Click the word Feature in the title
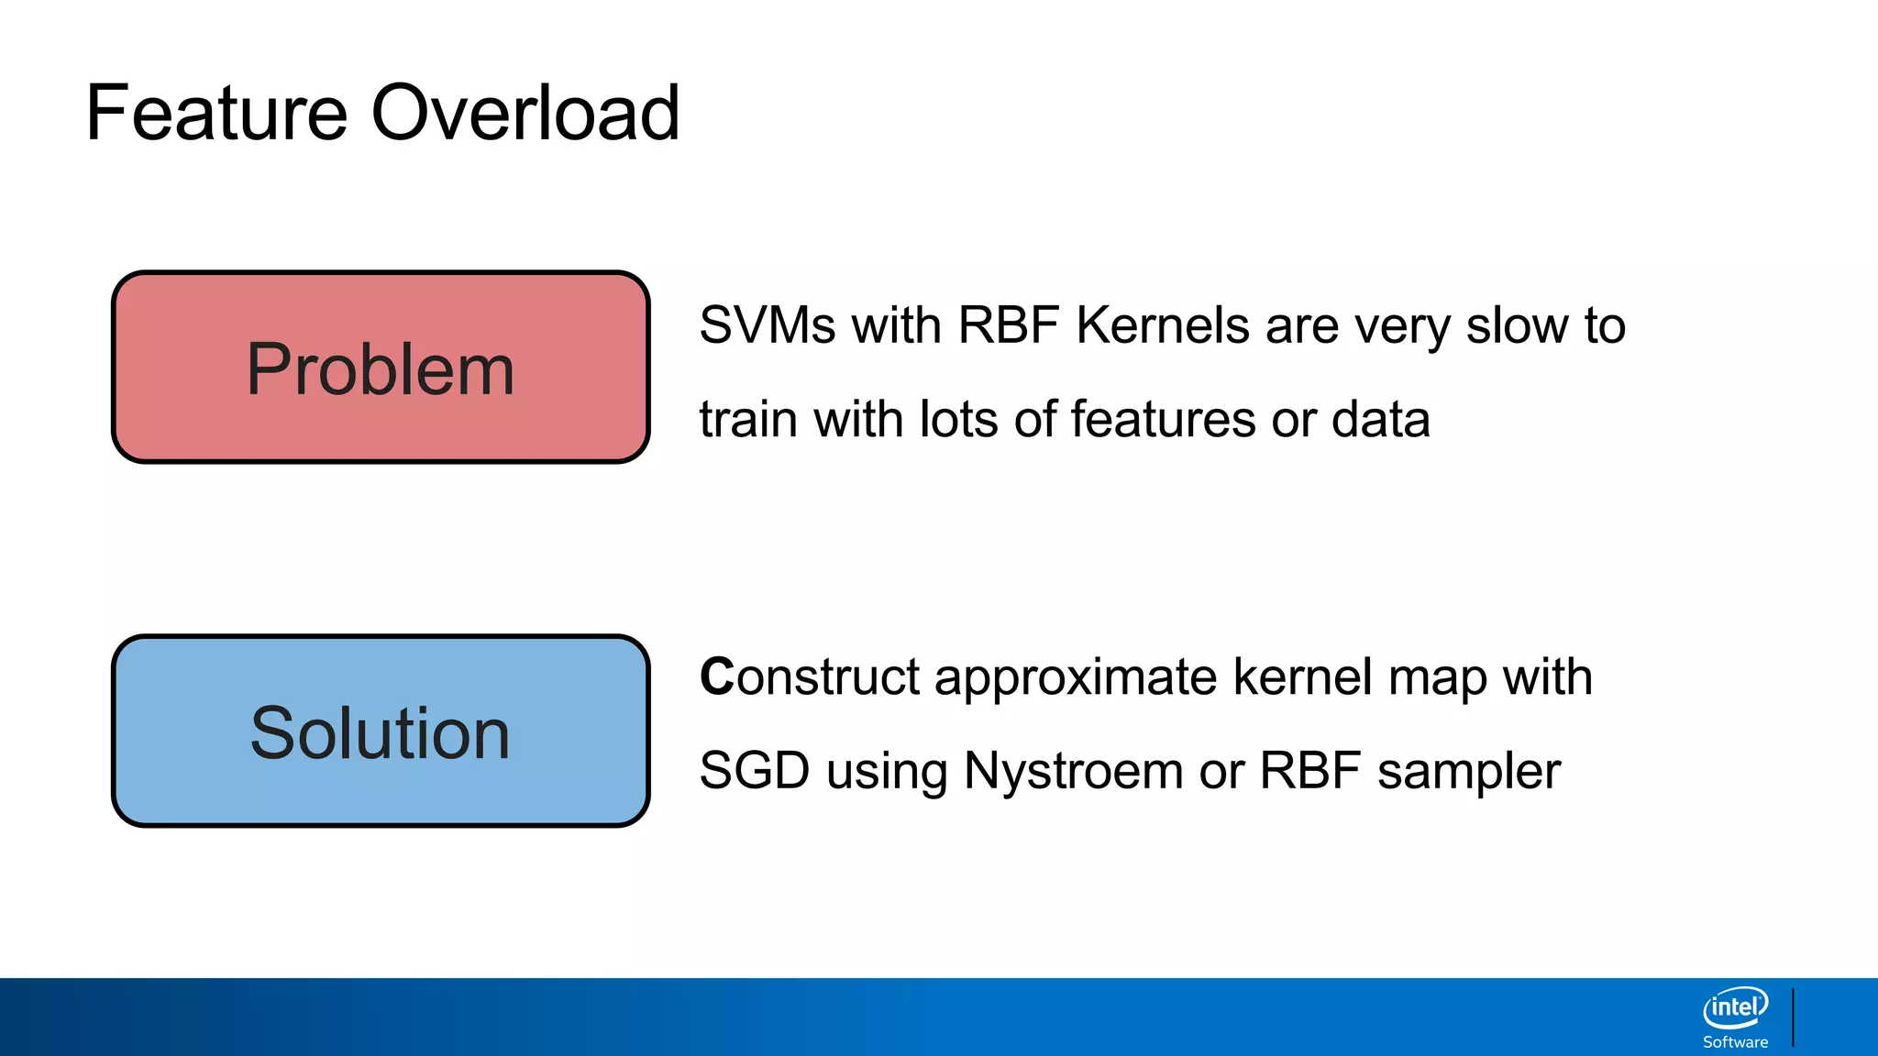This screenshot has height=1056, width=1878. (216, 113)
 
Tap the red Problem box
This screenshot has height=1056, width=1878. (381, 368)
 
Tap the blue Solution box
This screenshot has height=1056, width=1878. (381, 731)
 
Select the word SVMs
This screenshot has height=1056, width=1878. (767, 325)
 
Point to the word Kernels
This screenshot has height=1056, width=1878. (1162, 325)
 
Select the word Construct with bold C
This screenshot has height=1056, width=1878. (808, 677)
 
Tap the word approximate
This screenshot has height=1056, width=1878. (1075, 679)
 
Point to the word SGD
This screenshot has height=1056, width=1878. (754, 770)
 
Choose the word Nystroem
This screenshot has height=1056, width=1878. (1073, 772)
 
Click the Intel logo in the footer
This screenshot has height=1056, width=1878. (1735, 1008)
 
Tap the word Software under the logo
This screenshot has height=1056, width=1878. (1735, 1042)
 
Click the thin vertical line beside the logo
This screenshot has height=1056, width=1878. (1793, 1017)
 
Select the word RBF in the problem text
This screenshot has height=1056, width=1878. (1008, 325)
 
